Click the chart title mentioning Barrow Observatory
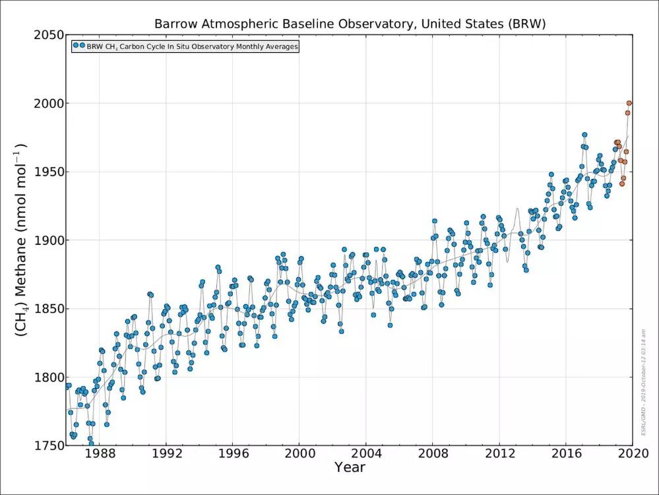350,24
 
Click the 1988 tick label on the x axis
98,454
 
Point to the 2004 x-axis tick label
366,454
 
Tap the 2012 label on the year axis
499,454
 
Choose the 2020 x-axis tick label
633,454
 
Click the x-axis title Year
350,468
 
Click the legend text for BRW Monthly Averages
192,47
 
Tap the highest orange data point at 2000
629,103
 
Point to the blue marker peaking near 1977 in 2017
584,135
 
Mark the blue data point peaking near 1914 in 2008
435,221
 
